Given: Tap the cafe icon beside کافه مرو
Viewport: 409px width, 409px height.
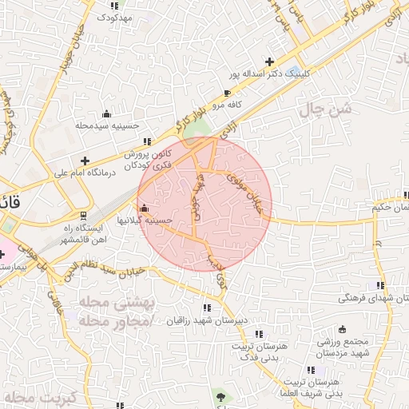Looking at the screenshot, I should pyautogui.click(x=227, y=93).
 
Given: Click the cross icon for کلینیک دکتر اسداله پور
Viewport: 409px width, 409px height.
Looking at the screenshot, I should pyautogui.click(x=270, y=62).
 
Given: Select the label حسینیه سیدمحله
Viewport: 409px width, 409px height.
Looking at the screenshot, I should pyautogui.click(x=108, y=125).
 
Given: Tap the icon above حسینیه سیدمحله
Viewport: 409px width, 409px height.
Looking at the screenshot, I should pyautogui.click(x=106, y=113).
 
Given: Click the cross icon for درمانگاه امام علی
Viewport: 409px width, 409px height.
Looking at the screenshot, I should pyautogui.click(x=85, y=161).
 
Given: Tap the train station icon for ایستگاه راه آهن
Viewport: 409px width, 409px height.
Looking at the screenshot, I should pyautogui.click(x=84, y=216).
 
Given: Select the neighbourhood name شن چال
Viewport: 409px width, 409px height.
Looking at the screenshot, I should pyautogui.click(x=324, y=111).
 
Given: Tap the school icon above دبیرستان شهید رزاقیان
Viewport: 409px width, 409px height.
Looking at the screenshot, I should pyautogui.click(x=207, y=308).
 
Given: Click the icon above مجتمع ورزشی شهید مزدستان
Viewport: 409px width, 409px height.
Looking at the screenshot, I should pyautogui.click(x=343, y=329).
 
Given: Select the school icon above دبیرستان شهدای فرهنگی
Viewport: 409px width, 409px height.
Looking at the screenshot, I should pyautogui.click(x=379, y=285).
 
